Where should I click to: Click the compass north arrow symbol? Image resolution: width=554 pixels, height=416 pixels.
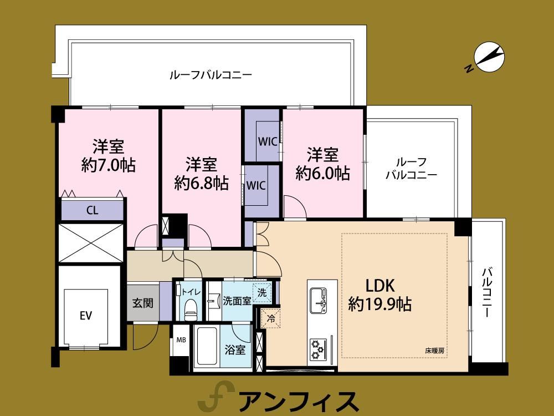click(489, 58)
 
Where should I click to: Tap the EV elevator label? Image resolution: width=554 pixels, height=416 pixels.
click(86, 315)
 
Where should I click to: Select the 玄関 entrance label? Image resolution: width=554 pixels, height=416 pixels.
click(143, 303)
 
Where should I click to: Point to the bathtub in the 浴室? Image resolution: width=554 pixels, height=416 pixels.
click(207, 346)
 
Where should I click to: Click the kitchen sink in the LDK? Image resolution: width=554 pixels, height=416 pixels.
click(319, 300)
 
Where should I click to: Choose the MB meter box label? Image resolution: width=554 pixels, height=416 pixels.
click(181, 340)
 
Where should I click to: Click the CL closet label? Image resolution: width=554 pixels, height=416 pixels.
click(92, 210)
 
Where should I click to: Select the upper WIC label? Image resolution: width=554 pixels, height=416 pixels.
click(268, 142)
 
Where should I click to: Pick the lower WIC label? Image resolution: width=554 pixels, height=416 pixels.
click(256, 185)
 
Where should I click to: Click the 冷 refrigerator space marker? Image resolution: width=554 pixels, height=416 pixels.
click(271, 318)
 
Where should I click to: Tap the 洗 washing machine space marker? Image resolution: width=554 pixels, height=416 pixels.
click(262, 292)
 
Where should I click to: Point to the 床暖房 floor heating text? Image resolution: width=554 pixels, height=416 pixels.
click(434, 351)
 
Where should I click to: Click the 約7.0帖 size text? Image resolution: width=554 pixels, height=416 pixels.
click(109, 165)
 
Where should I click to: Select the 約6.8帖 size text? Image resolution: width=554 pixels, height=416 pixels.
click(202, 183)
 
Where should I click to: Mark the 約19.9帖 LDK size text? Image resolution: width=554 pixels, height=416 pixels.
click(380, 304)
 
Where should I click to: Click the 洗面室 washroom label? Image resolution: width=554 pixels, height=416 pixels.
click(237, 301)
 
